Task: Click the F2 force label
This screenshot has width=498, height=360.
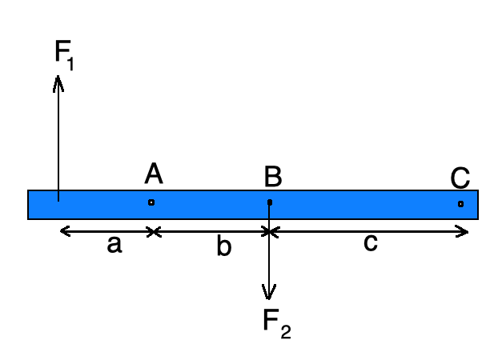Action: coord(276,323)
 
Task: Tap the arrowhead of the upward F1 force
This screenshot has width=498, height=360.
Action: coord(58,80)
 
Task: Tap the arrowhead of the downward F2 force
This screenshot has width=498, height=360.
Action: coord(270,293)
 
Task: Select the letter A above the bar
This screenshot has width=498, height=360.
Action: coord(153,174)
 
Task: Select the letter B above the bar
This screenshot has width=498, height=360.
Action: coord(272,177)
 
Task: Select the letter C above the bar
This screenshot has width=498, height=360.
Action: coord(460,177)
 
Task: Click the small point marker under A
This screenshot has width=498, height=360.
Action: coord(151,202)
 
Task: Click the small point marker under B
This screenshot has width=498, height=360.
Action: coord(270,202)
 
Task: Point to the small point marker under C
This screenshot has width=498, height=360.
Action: coord(460,204)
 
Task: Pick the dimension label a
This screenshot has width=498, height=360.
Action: coord(114,245)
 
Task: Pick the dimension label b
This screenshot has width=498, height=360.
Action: coord(223,247)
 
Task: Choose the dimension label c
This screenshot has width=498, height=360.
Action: coord(370,243)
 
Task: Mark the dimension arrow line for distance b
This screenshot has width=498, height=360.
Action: coord(211,232)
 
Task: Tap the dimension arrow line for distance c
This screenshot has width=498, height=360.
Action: coord(368,232)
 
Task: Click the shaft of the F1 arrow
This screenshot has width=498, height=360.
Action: coord(58,136)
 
